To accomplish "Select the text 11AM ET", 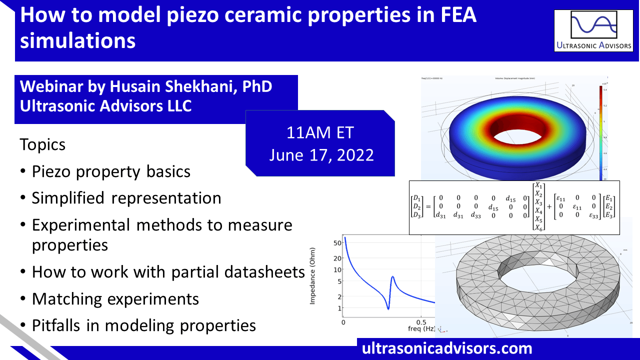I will tap(320, 133).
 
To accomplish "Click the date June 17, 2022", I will tap(320, 154).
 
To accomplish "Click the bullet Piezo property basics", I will tap(111, 171).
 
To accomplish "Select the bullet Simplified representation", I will tap(126, 198).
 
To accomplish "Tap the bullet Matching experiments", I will tap(115, 299).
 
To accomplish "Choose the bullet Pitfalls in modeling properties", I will tap(143, 325).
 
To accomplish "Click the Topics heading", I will tap(42, 145).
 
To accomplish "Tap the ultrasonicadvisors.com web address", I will tap(447, 348).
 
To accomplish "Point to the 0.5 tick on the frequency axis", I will tap(422, 322).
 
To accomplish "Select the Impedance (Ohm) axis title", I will tap(313, 276).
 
